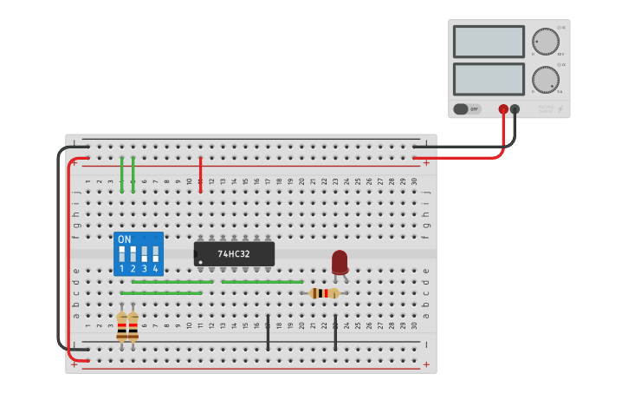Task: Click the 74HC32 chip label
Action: point(234,254)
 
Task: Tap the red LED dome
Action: point(340,260)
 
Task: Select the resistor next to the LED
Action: point(324,293)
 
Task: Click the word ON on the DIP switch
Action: point(125,239)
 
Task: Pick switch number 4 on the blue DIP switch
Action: point(155,255)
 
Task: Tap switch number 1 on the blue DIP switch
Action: point(122,255)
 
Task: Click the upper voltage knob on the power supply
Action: point(546,41)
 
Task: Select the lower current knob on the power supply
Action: point(546,79)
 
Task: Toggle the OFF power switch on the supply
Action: point(466,109)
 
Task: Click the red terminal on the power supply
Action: point(503,109)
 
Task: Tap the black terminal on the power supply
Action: point(515,109)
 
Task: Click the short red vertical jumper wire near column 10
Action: point(200,174)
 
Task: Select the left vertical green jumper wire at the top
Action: point(122,174)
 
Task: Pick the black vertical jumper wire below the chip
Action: point(268,333)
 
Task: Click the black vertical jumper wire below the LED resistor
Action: point(335,333)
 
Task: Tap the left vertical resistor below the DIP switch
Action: point(122,327)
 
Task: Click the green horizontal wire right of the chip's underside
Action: point(262,282)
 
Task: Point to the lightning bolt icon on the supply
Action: point(560,109)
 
